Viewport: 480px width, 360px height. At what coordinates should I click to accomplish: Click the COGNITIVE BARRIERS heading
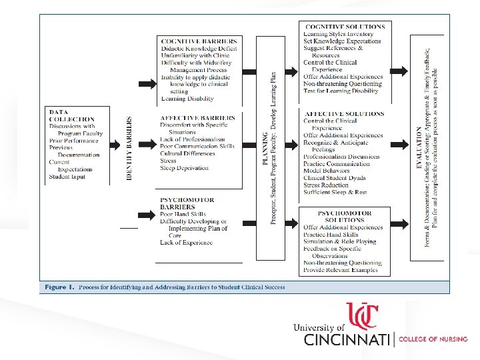point(199,41)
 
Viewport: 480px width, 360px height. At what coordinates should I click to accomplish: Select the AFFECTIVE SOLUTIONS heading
point(343,114)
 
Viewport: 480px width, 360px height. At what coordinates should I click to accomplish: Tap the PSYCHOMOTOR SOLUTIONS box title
point(344,217)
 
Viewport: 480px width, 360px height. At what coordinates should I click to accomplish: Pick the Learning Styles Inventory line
point(338,34)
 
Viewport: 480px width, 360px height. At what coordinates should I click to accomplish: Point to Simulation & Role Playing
point(339,241)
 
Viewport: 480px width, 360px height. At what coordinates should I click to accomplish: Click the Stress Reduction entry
point(326,185)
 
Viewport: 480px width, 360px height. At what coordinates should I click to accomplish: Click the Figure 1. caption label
point(59,287)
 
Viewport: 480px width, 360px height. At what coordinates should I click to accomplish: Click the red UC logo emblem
point(362,316)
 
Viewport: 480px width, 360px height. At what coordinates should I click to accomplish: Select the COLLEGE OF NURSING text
point(433,339)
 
